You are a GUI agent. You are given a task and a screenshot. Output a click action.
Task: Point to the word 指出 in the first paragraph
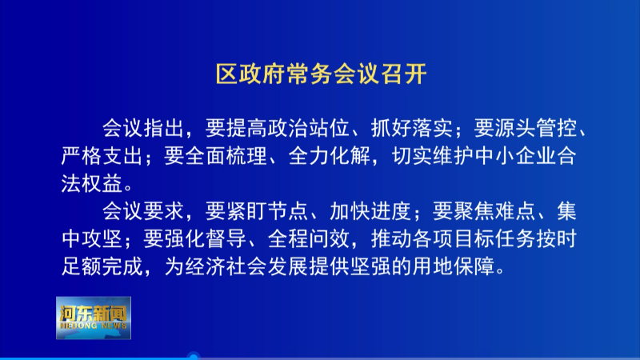point(164,128)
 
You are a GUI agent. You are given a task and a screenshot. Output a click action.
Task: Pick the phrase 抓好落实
point(412,128)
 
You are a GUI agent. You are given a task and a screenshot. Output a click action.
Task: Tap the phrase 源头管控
point(536,128)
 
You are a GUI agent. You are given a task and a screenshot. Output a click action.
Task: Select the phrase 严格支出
point(102,156)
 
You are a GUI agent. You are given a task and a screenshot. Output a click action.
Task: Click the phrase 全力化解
point(330,156)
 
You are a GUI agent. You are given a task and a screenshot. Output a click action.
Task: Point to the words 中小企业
point(516,156)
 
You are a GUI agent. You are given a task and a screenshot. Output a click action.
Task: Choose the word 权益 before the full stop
point(102,184)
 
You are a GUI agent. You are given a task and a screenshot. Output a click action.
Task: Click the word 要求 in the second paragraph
point(164,211)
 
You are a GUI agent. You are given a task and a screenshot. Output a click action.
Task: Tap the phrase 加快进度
point(370,211)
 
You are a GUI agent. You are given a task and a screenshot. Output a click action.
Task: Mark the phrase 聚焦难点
point(494,211)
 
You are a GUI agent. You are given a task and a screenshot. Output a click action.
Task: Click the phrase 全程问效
point(309,239)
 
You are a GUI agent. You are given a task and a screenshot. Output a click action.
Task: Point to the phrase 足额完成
point(102,267)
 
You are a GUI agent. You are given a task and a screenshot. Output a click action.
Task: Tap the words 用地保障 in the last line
point(453,267)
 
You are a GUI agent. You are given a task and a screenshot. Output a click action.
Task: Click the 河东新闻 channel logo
point(94,318)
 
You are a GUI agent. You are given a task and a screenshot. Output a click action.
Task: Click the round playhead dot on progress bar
point(194,357)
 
